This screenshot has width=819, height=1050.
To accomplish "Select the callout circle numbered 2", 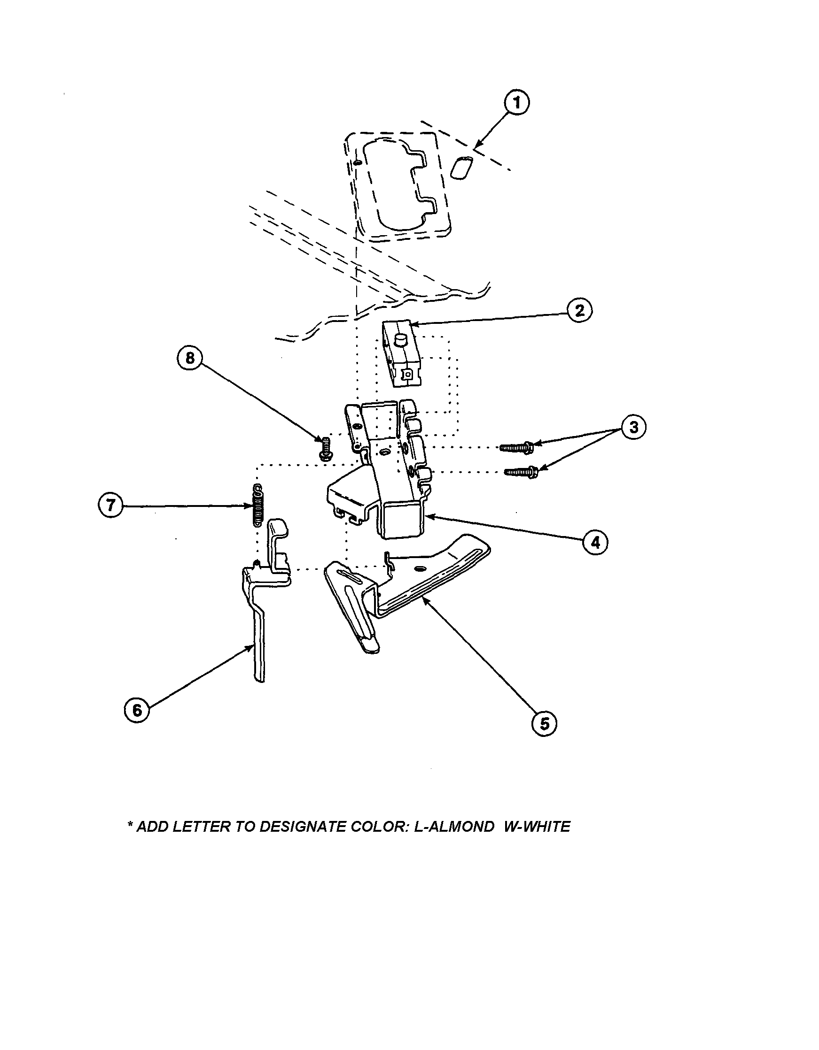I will [x=579, y=311].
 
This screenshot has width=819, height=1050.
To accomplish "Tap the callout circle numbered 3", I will [x=634, y=427].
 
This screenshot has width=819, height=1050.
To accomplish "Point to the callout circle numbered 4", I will [x=595, y=543].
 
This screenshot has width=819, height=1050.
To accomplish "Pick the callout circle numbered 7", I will [x=111, y=506].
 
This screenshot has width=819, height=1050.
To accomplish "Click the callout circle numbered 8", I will [x=190, y=359].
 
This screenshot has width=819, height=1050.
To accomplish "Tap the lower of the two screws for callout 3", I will [x=521, y=472].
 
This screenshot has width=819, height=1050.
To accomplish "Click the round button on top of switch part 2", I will [x=400, y=340].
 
